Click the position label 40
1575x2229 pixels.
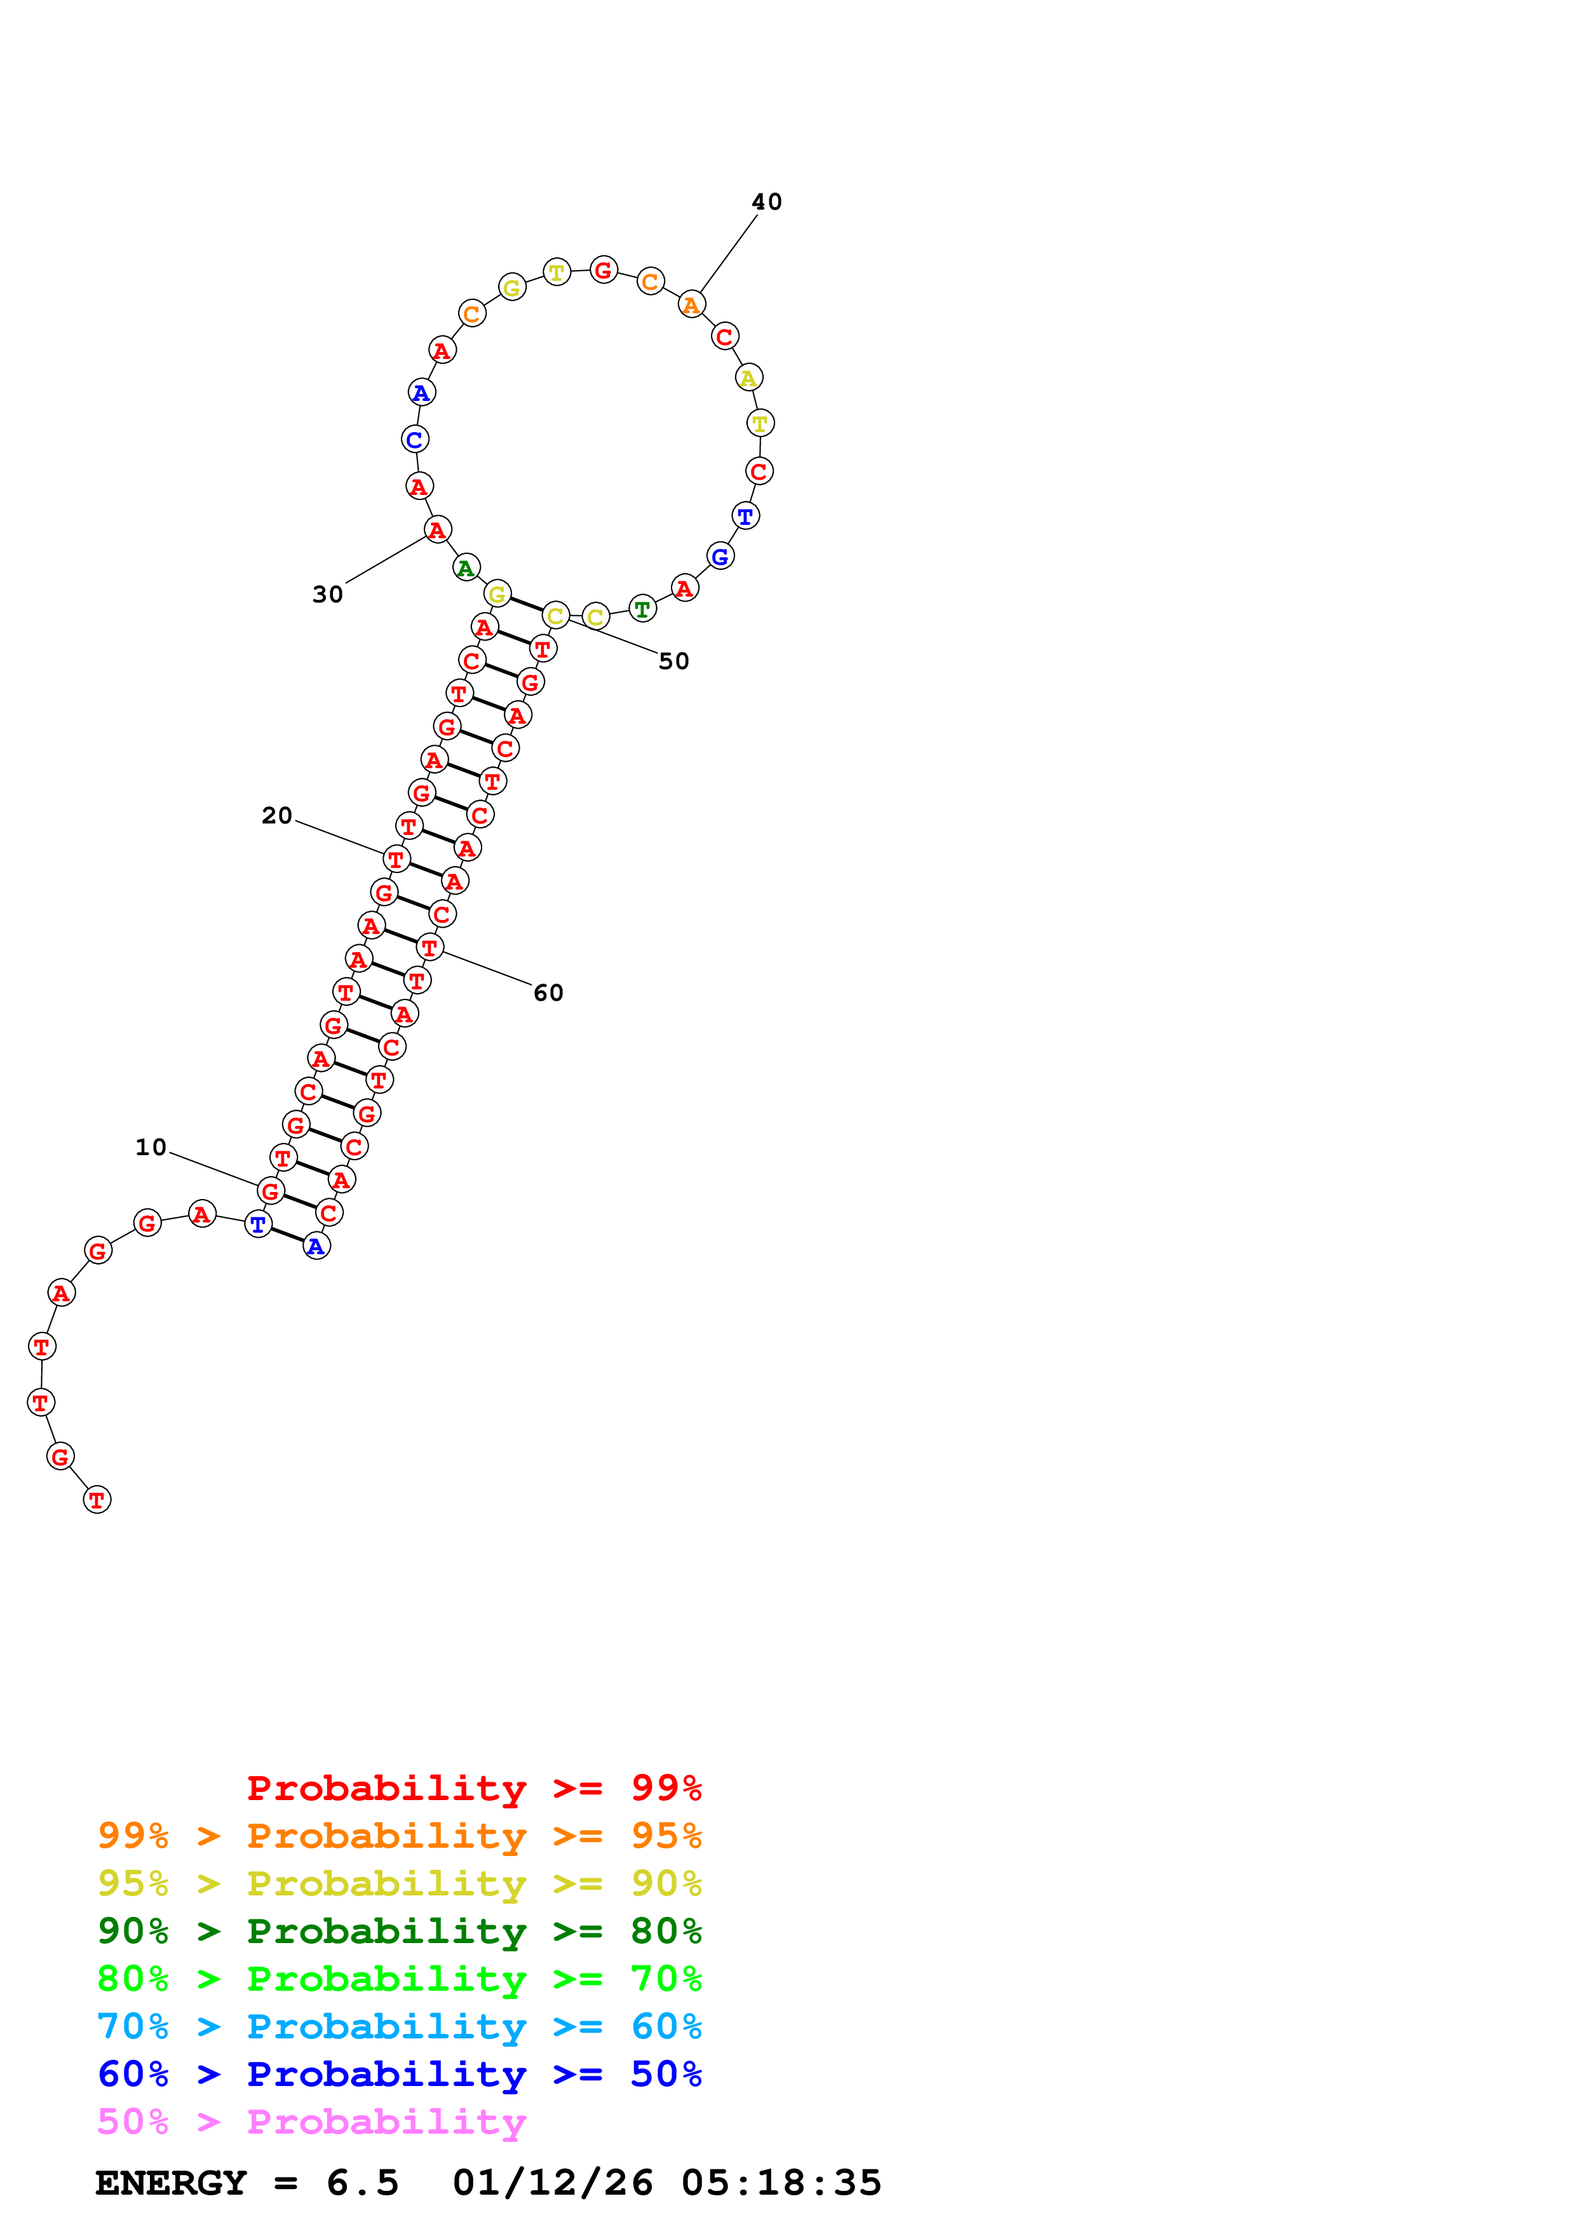coord(767,202)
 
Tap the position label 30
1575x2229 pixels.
coord(328,594)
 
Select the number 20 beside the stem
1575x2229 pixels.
coord(276,815)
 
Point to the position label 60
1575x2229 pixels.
coord(548,992)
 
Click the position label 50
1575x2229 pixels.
coord(673,661)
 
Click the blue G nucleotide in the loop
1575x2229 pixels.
coord(720,556)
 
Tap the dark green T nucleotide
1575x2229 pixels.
coord(642,609)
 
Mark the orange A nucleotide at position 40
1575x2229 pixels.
coord(691,305)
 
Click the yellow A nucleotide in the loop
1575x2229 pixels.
coord(748,377)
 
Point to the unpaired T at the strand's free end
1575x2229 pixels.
coord(97,1500)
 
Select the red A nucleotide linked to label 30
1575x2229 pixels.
coord(438,530)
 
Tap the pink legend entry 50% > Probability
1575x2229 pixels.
coord(311,2122)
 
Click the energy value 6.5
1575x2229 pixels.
coord(362,2183)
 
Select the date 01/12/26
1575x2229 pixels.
coord(552,2183)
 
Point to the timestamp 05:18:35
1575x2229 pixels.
coord(781,2183)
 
